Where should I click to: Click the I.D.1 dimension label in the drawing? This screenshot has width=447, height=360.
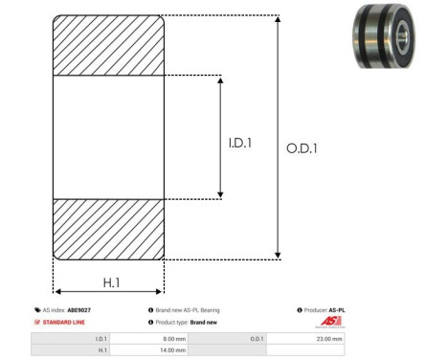point(240,145)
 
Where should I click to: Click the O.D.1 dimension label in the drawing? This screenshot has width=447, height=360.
point(302,148)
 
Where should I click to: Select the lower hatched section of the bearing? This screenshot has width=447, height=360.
point(108,229)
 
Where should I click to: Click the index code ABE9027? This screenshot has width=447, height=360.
point(78,310)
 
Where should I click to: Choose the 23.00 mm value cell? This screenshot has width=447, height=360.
point(329,338)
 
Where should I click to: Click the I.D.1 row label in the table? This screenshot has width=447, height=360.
point(101,338)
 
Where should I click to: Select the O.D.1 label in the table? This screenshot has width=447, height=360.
point(257,338)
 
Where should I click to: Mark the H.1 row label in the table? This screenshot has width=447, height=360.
point(102,350)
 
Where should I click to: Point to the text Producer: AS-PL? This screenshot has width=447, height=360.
point(322,310)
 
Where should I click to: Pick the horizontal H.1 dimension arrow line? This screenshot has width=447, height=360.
point(108,293)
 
